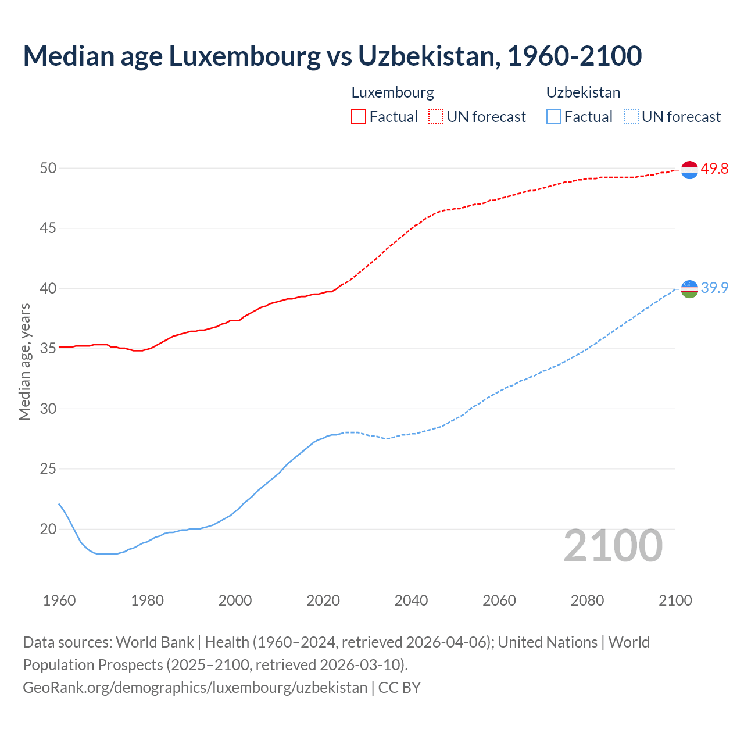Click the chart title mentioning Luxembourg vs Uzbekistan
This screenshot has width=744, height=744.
332,56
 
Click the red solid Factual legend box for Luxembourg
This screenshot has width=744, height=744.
359,116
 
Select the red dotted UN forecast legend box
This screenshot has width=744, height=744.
436,116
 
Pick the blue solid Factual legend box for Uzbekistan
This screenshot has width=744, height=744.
554,116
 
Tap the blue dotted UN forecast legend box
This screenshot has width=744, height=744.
631,116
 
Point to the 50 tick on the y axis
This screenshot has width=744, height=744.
48,168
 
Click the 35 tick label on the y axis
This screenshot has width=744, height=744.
48,349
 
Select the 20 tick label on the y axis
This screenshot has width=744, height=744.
48,529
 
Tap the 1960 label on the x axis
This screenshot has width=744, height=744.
59,600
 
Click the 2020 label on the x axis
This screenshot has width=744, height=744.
323,600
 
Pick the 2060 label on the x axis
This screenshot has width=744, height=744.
499,600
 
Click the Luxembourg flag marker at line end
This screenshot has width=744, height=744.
689,170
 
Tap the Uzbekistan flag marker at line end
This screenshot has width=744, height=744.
689,288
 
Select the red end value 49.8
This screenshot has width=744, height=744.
714,169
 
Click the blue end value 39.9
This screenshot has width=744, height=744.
714,288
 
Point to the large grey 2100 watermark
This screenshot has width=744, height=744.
613,546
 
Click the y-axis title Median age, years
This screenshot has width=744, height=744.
24,362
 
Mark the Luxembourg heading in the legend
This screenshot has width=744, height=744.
392,92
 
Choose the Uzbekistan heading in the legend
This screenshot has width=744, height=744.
583,92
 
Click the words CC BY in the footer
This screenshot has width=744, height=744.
399,688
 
